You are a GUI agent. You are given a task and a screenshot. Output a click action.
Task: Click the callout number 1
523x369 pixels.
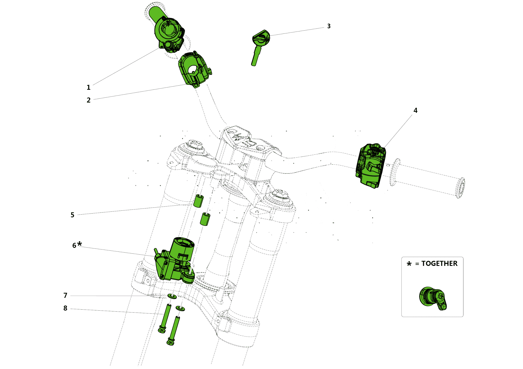tap(88, 87)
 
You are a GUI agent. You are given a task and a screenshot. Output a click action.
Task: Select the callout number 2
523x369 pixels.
tap(89, 100)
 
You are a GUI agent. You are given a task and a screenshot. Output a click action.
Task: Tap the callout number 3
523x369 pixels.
tap(329, 26)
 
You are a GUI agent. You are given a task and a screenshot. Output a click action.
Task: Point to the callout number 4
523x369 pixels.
tap(415, 110)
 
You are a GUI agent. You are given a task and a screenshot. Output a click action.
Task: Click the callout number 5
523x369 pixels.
tap(72, 215)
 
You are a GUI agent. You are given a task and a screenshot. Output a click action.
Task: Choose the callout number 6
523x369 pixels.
tap(74, 245)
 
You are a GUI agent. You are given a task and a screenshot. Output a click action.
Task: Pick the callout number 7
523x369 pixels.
tap(65, 295)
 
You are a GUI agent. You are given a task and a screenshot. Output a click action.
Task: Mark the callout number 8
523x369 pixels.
tap(65, 308)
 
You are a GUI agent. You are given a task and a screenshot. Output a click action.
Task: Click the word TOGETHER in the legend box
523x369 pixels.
tap(439, 264)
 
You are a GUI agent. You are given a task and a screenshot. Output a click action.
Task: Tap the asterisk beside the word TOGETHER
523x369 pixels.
tap(409, 264)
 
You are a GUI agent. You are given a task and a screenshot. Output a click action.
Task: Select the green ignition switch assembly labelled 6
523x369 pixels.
tap(175, 262)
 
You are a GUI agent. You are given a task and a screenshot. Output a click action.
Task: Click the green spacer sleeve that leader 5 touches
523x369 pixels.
tap(198, 201)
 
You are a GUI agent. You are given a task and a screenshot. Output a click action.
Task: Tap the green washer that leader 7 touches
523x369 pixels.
tap(172, 296)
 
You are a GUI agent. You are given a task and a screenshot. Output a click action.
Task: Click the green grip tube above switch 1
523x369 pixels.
tap(156, 14)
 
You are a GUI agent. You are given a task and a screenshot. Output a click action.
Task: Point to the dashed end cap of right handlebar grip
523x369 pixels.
tap(461, 188)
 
